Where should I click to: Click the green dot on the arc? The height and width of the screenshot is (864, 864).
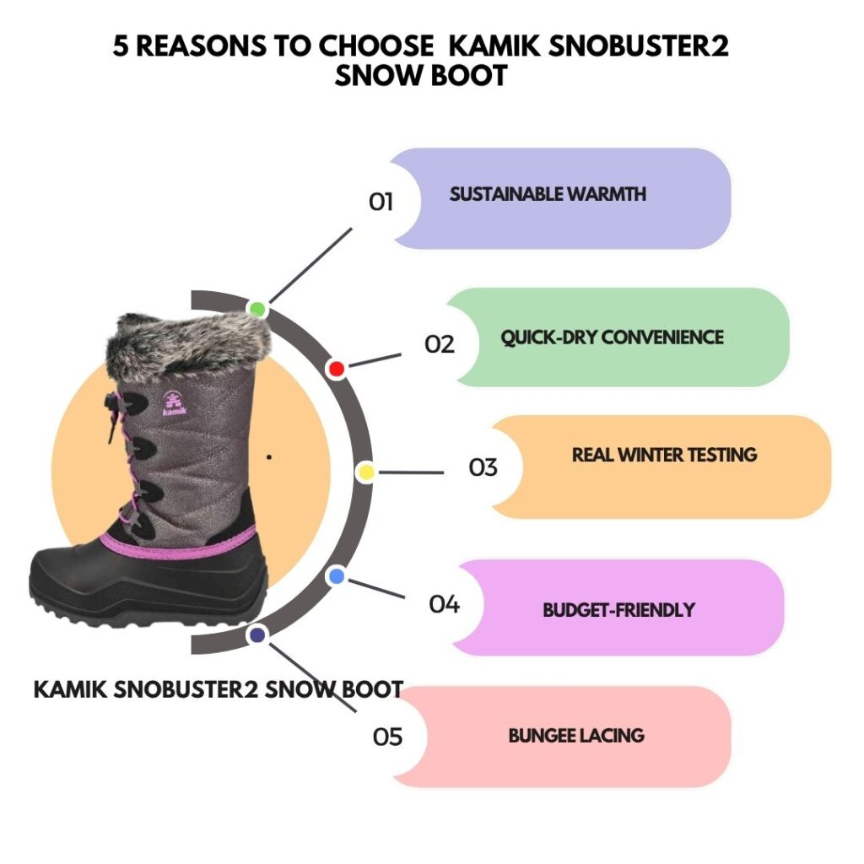click(x=257, y=309)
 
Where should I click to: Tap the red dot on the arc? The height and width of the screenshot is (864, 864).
click(x=336, y=369)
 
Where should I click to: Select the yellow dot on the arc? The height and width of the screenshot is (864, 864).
click(x=366, y=472)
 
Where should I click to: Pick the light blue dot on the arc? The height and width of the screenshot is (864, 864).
click(x=336, y=576)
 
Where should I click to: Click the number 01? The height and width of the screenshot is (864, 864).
click(x=381, y=202)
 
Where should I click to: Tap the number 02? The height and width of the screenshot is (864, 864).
click(x=440, y=344)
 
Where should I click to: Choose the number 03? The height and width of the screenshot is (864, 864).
click(x=483, y=467)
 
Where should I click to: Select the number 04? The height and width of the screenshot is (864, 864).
click(x=444, y=604)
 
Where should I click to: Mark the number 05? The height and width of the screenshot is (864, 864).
click(x=388, y=737)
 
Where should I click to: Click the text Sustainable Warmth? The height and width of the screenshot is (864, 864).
click(x=548, y=194)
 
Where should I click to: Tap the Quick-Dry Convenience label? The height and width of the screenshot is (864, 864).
click(x=612, y=337)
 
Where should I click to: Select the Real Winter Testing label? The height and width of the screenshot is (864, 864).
click(x=664, y=455)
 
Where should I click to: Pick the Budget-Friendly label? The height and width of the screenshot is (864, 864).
click(x=618, y=609)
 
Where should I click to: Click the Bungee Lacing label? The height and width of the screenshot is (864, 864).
click(x=576, y=736)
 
